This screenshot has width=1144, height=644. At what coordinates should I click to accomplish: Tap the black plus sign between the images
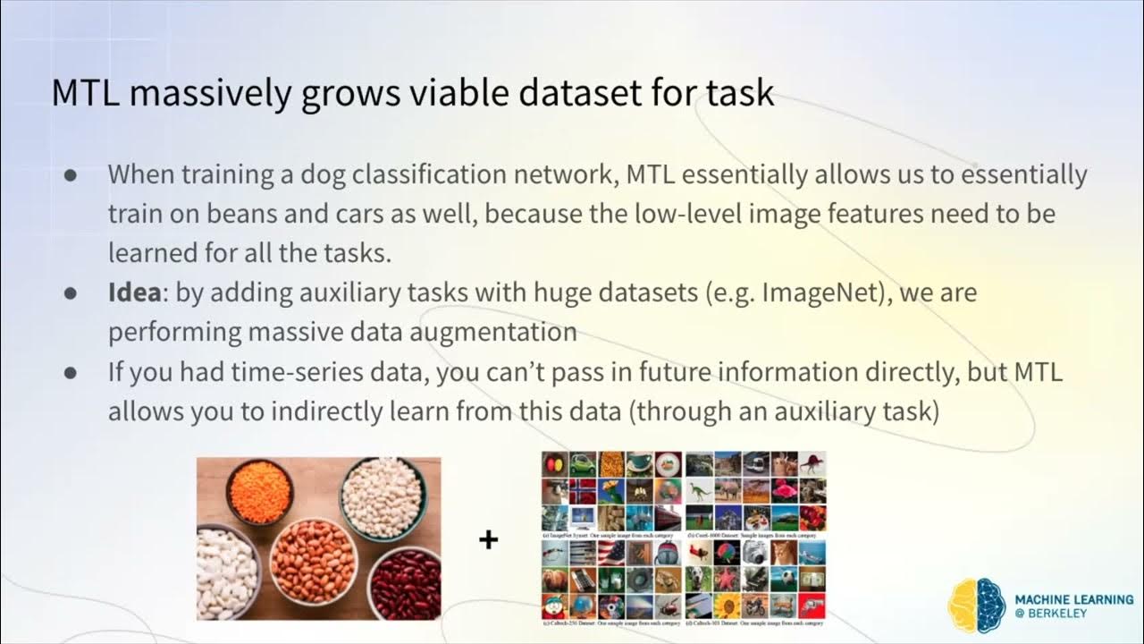488,540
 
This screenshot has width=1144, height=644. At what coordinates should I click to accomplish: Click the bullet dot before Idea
70,293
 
